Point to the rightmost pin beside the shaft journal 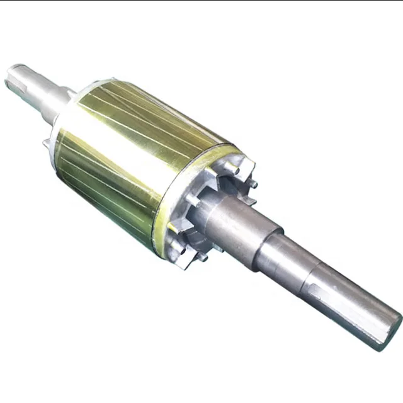(254, 184)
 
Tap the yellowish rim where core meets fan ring (165, 208)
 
